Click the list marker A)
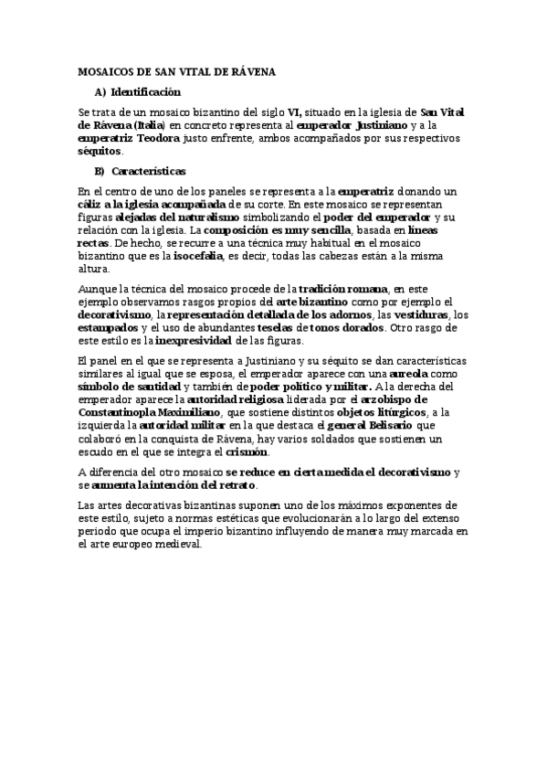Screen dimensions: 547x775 (x=100, y=92)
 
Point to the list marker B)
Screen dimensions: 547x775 (x=100, y=171)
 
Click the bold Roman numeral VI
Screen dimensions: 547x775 (x=294, y=111)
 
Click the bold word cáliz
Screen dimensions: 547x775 (x=92, y=204)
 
